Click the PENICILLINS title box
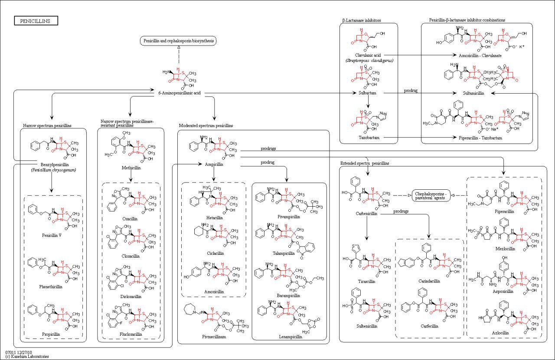click(x=36, y=21)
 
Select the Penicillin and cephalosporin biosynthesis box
click(x=178, y=41)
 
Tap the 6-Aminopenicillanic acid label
click(x=179, y=92)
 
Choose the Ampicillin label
click(x=214, y=165)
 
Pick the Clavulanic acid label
click(x=368, y=55)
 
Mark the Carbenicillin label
click(x=366, y=214)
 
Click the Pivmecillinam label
click(x=214, y=336)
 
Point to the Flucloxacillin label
click(x=131, y=334)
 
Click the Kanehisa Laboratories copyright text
click(x=27, y=357)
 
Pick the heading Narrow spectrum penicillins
click(x=47, y=126)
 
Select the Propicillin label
click(x=51, y=334)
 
